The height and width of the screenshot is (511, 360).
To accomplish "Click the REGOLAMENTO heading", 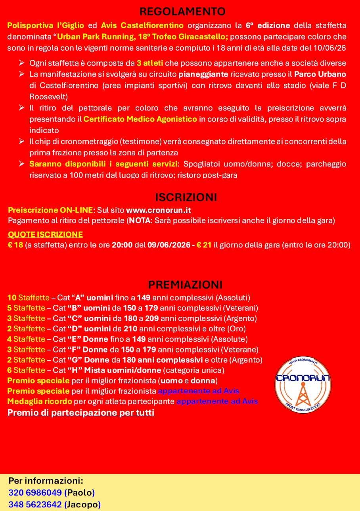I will click(183, 11).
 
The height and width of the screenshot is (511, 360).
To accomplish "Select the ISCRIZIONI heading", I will click(186, 197).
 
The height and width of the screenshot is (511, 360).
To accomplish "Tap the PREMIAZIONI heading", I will click(185, 285).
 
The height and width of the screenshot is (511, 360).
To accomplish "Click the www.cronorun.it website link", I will click(158, 210).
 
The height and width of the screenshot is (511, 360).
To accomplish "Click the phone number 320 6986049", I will click(35, 493).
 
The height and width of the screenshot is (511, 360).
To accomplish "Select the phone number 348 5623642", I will click(35, 505).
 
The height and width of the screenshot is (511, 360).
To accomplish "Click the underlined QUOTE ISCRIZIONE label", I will click(46, 234).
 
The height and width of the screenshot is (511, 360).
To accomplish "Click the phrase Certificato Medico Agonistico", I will click(140, 119).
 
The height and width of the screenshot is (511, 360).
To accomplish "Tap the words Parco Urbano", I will click(320, 75).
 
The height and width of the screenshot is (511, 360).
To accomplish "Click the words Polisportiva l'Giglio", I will click(46, 26).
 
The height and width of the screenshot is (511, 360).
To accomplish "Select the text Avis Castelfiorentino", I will click(142, 26).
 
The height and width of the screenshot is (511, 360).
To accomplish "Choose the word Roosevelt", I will click(48, 97).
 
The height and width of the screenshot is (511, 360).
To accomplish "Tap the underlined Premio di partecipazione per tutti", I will click(81, 413).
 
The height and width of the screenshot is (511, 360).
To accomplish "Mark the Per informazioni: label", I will click(46, 481).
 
